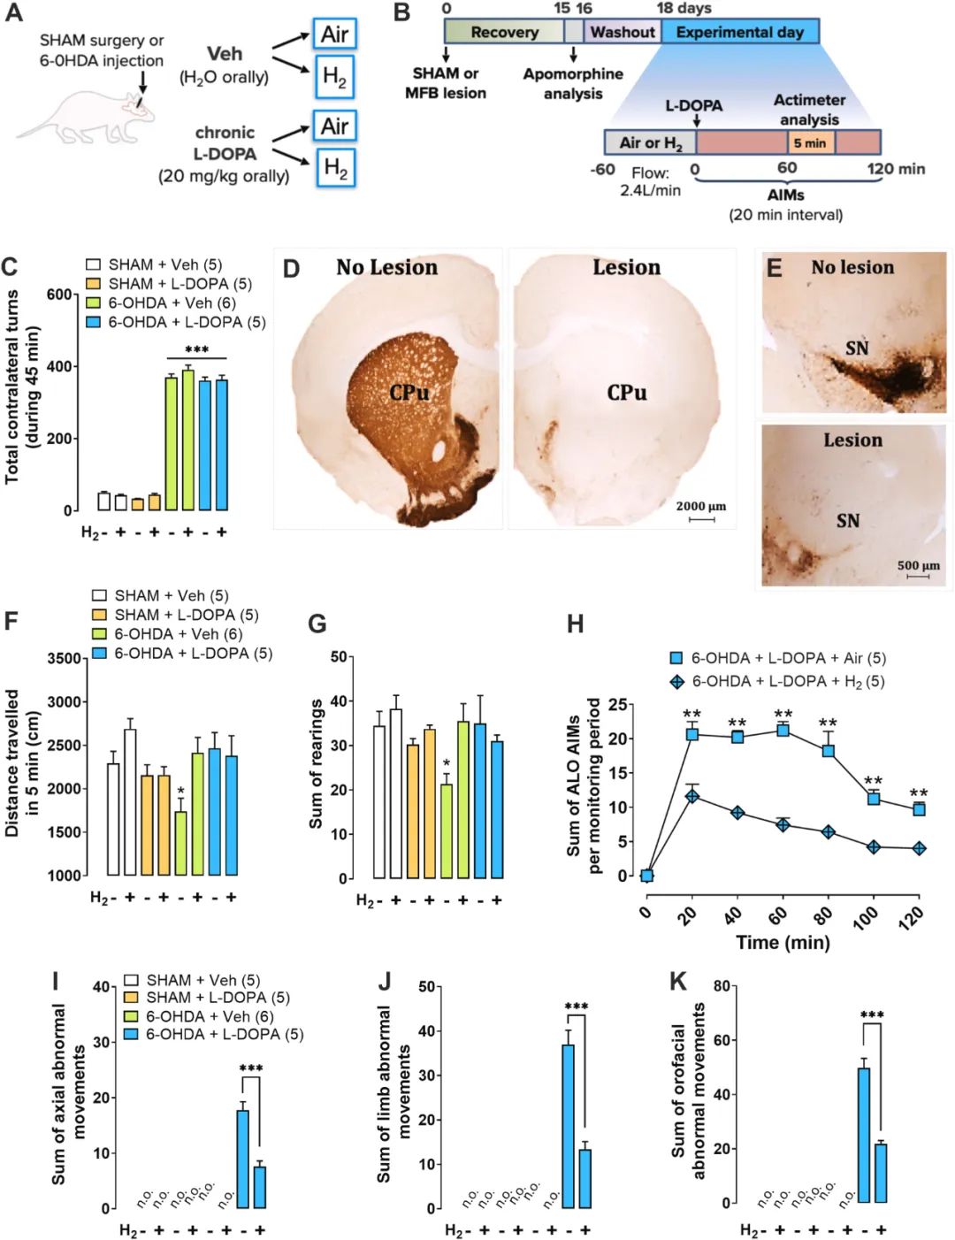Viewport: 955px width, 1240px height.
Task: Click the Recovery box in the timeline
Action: pos(504,32)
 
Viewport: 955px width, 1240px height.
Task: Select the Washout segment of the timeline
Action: pos(623,32)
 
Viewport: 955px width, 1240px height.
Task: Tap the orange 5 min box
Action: pos(810,142)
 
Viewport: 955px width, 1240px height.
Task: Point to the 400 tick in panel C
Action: pos(59,366)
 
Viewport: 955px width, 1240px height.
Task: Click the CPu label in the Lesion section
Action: pos(626,392)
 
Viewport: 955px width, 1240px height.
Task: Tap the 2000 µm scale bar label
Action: pos(700,506)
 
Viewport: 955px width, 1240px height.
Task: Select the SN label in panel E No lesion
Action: pos(856,348)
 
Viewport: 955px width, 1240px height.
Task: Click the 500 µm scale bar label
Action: pos(918,565)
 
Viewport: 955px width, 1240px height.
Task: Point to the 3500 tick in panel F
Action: pos(67,658)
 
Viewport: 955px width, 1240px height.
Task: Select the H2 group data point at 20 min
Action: pos(692,796)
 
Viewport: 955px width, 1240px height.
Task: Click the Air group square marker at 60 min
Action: pos(783,730)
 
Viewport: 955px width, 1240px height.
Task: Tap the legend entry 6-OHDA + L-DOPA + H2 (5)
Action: pos(778,681)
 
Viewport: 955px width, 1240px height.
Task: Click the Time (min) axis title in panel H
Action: pos(783,942)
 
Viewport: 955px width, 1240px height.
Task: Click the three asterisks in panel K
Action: pos(872,1015)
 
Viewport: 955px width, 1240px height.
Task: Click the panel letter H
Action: pos(575,624)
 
